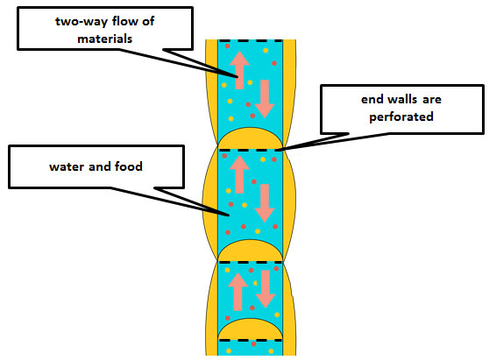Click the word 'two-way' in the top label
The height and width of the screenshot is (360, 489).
tap(81, 22)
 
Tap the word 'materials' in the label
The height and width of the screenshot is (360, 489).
tap(105, 39)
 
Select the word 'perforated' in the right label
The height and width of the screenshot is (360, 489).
tap(401, 117)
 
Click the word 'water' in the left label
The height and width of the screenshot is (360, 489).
tap(67, 166)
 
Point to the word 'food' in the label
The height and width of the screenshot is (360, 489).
tap(129, 166)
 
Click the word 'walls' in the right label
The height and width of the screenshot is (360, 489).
tap(401, 100)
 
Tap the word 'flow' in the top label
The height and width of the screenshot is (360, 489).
tap(125, 21)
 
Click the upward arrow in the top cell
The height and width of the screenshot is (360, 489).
tap(239, 70)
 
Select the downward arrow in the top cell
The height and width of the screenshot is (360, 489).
tap(265, 99)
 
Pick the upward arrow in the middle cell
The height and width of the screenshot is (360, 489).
tap(239, 174)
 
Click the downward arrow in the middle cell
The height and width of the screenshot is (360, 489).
tap(265, 203)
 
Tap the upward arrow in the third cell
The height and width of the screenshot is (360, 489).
tap(238, 292)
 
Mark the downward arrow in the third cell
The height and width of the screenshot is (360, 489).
tap(266, 289)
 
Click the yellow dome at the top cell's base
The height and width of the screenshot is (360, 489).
tap(250, 139)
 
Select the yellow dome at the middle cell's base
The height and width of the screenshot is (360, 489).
tap(250, 251)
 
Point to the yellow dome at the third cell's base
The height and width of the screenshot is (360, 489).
tap(250, 329)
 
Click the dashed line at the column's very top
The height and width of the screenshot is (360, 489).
tap(250, 41)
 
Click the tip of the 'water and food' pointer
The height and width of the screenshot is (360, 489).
tap(229, 215)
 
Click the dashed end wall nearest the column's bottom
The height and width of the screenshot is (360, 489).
tap(250, 341)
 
